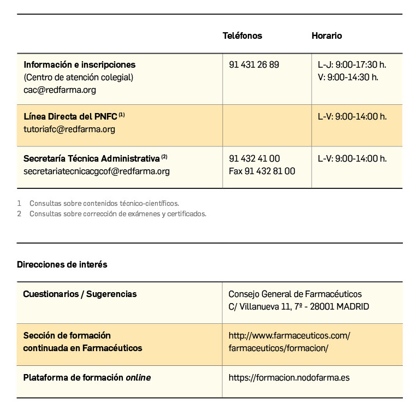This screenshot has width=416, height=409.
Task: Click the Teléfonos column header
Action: (x=242, y=35)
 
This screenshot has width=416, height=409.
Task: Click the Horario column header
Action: (x=326, y=35)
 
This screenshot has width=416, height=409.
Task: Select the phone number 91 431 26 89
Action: (x=254, y=64)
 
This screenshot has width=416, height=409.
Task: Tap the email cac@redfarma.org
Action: (x=60, y=90)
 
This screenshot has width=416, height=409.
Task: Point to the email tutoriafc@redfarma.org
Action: (x=69, y=129)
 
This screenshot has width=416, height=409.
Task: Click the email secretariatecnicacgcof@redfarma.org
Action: (x=97, y=171)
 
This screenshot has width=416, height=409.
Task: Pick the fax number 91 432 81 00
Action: (x=262, y=171)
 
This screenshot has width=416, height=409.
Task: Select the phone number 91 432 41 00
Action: (x=254, y=158)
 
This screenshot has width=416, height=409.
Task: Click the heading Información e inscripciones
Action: (x=80, y=64)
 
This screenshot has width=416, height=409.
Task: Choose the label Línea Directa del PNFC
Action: (x=70, y=116)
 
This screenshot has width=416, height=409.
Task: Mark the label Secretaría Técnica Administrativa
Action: (x=92, y=158)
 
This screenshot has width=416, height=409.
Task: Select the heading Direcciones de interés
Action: (x=62, y=264)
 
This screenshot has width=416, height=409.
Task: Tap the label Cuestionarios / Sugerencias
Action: (x=80, y=294)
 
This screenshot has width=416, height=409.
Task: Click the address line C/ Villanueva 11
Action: (x=298, y=306)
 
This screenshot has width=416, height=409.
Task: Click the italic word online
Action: (x=138, y=377)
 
